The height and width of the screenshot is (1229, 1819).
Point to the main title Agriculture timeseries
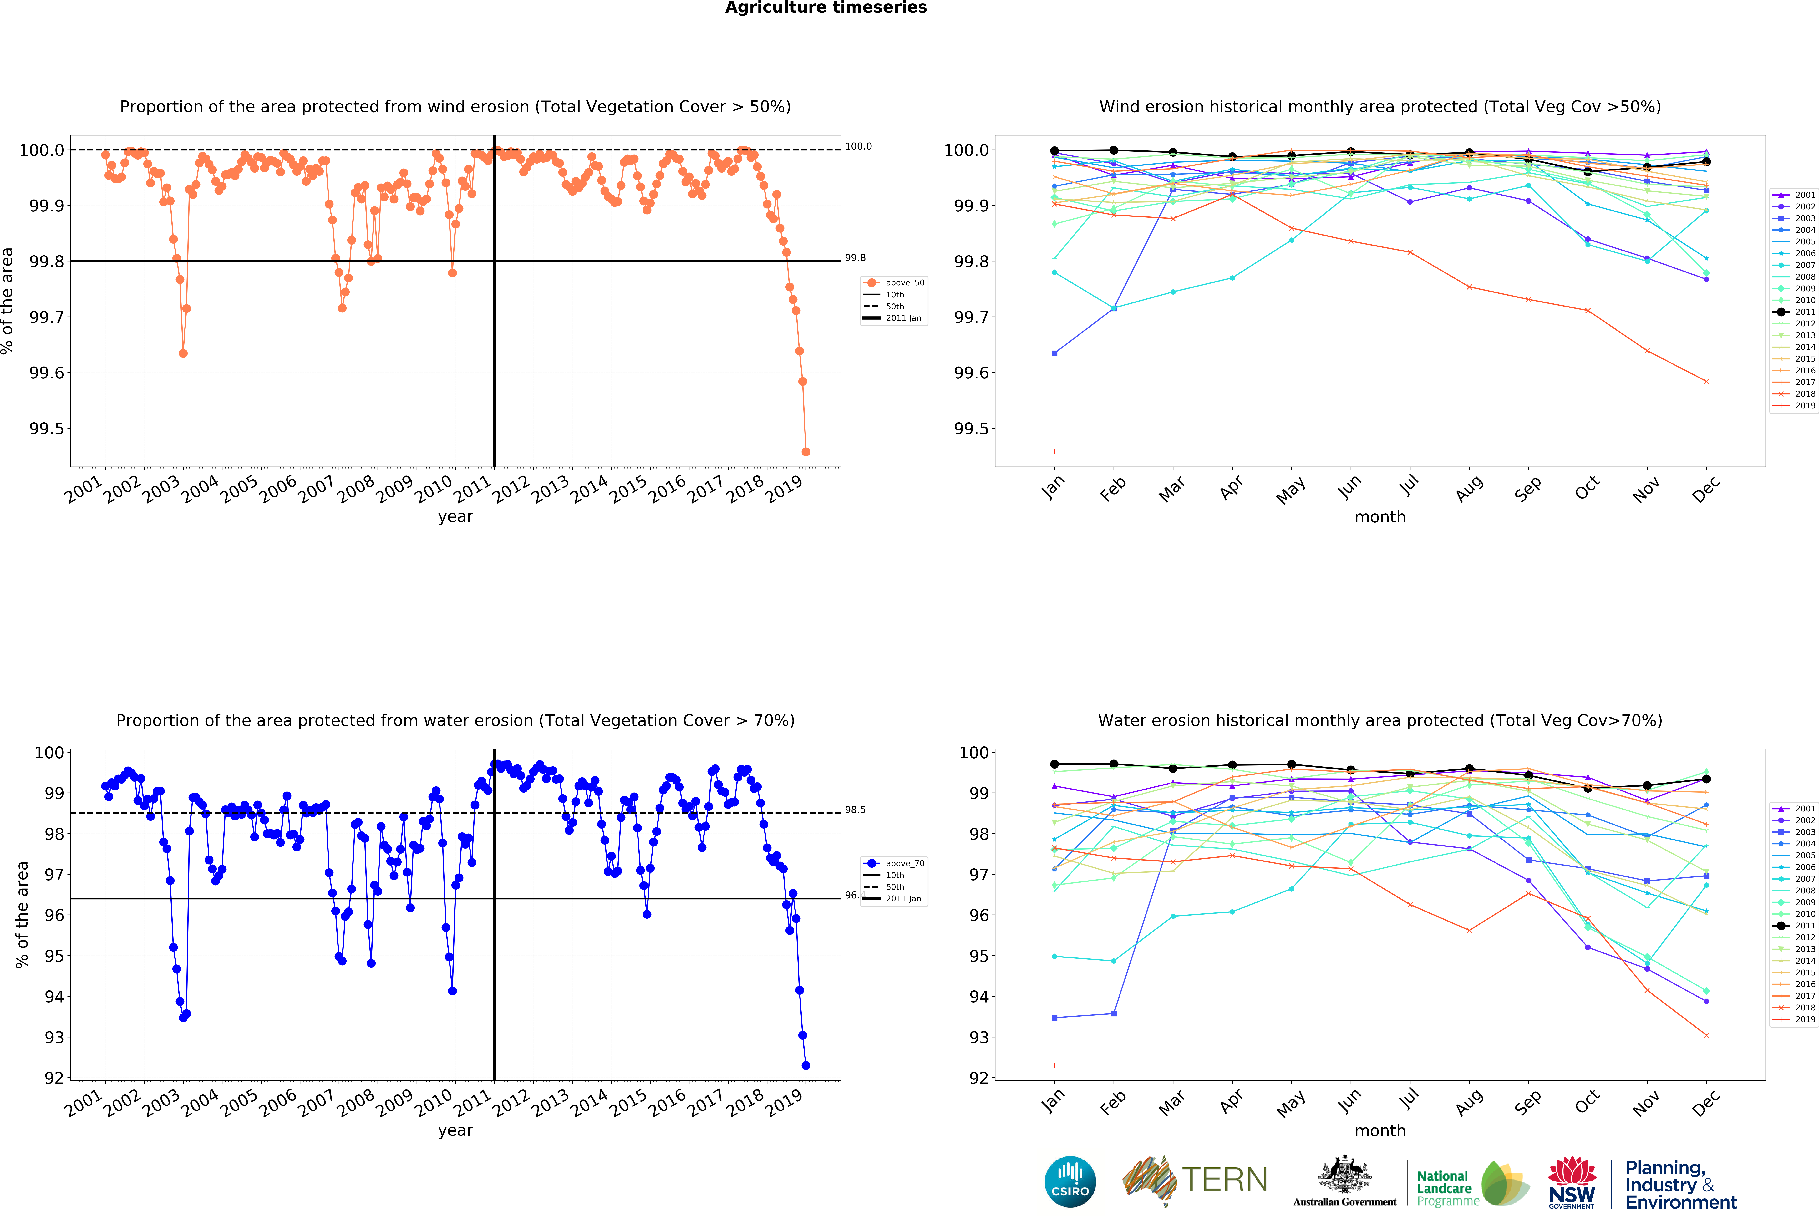click(826, 8)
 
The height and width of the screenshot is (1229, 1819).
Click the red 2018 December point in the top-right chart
click(1706, 381)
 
